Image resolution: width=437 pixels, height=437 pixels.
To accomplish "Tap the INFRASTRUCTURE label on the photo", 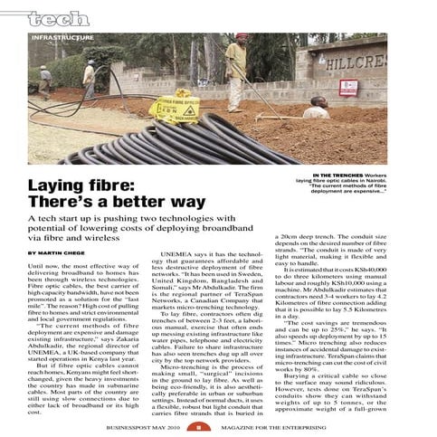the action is click(62, 38).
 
